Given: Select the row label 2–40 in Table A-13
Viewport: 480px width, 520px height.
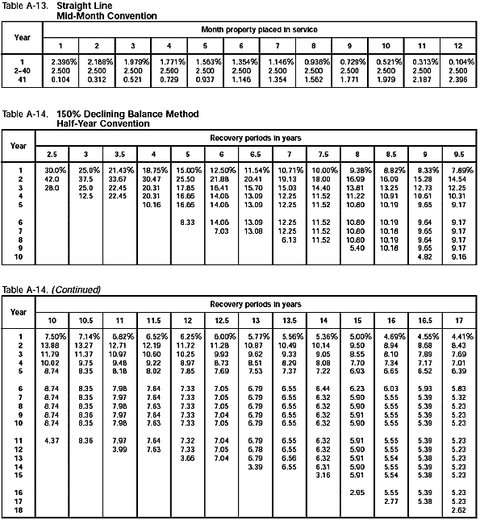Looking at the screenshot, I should (22, 69).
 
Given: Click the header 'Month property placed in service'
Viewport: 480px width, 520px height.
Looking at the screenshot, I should (259, 29).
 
